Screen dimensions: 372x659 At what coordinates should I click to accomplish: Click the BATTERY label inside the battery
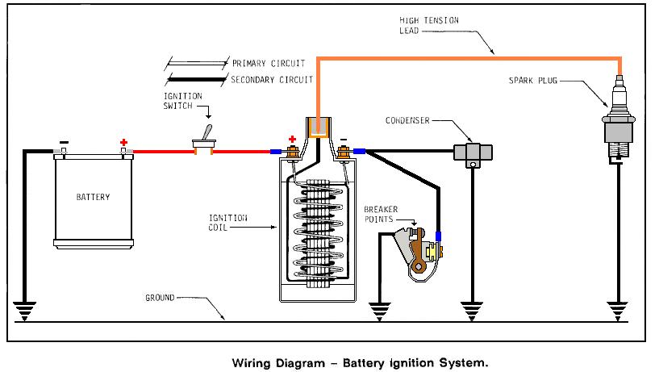pos(93,197)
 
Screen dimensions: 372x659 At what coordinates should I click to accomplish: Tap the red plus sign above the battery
pos(124,142)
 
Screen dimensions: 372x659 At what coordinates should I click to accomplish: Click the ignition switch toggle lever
pos(206,134)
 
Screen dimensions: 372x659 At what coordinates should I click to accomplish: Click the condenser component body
pos(473,153)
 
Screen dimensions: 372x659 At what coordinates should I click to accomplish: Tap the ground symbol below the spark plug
pos(618,310)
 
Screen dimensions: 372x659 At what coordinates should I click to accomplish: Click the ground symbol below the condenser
pos(472,310)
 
